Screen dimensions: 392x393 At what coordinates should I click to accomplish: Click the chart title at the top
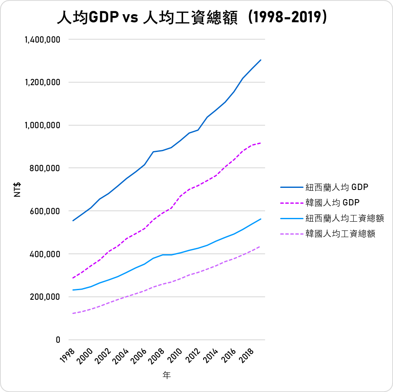(x=192, y=18)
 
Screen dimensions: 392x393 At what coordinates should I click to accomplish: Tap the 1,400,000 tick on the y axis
(x=43, y=40)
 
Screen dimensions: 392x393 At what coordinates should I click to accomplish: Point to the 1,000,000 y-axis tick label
(x=43, y=125)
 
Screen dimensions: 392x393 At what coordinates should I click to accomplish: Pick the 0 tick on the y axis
(x=58, y=340)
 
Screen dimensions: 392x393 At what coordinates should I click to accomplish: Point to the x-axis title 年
(x=167, y=376)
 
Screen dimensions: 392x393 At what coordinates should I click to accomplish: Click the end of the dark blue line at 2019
(x=261, y=60)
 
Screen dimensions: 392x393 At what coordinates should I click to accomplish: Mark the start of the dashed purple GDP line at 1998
(x=73, y=278)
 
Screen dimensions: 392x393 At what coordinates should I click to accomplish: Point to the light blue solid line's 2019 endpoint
(x=261, y=219)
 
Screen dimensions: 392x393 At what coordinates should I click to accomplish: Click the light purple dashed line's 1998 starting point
(x=73, y=313)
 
